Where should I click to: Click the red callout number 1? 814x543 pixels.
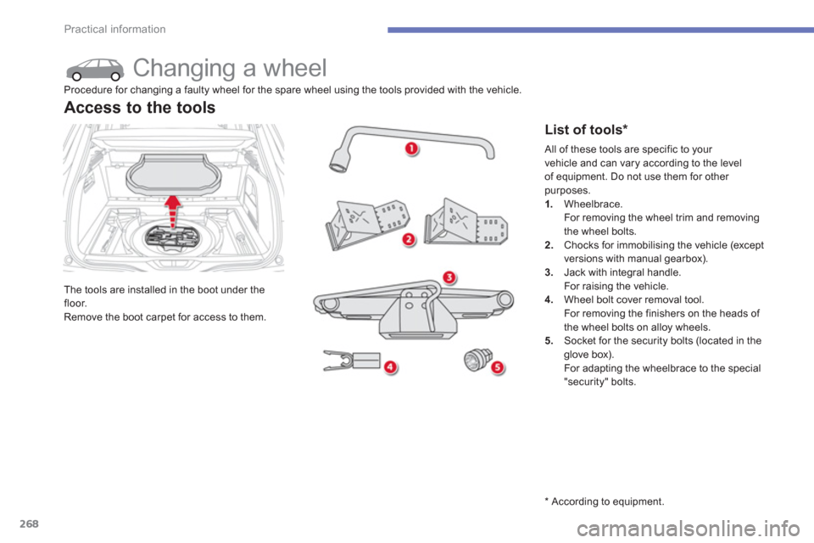coord(411,149)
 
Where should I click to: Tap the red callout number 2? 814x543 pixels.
coord(409,239)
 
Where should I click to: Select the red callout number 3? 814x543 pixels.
coord(449,277)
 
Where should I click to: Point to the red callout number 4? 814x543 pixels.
coord(390,368)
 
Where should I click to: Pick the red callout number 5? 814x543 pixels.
coord(498,368)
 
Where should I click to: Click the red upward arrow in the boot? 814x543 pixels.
coord(173,210)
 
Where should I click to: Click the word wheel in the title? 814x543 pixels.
coord(295,68)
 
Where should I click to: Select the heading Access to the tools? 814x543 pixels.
coord(140,108)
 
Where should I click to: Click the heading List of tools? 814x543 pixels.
coord(586,129)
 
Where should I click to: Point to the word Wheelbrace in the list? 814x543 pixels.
coord(593,204)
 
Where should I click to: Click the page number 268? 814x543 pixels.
coord(29,523)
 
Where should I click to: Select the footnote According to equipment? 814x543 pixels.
coord(605,501)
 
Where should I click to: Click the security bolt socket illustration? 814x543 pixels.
coord(477,360)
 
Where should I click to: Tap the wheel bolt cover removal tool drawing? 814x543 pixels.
coord(352,360)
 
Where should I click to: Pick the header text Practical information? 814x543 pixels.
coord(114,29)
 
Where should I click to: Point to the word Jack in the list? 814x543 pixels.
coord(575,272)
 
